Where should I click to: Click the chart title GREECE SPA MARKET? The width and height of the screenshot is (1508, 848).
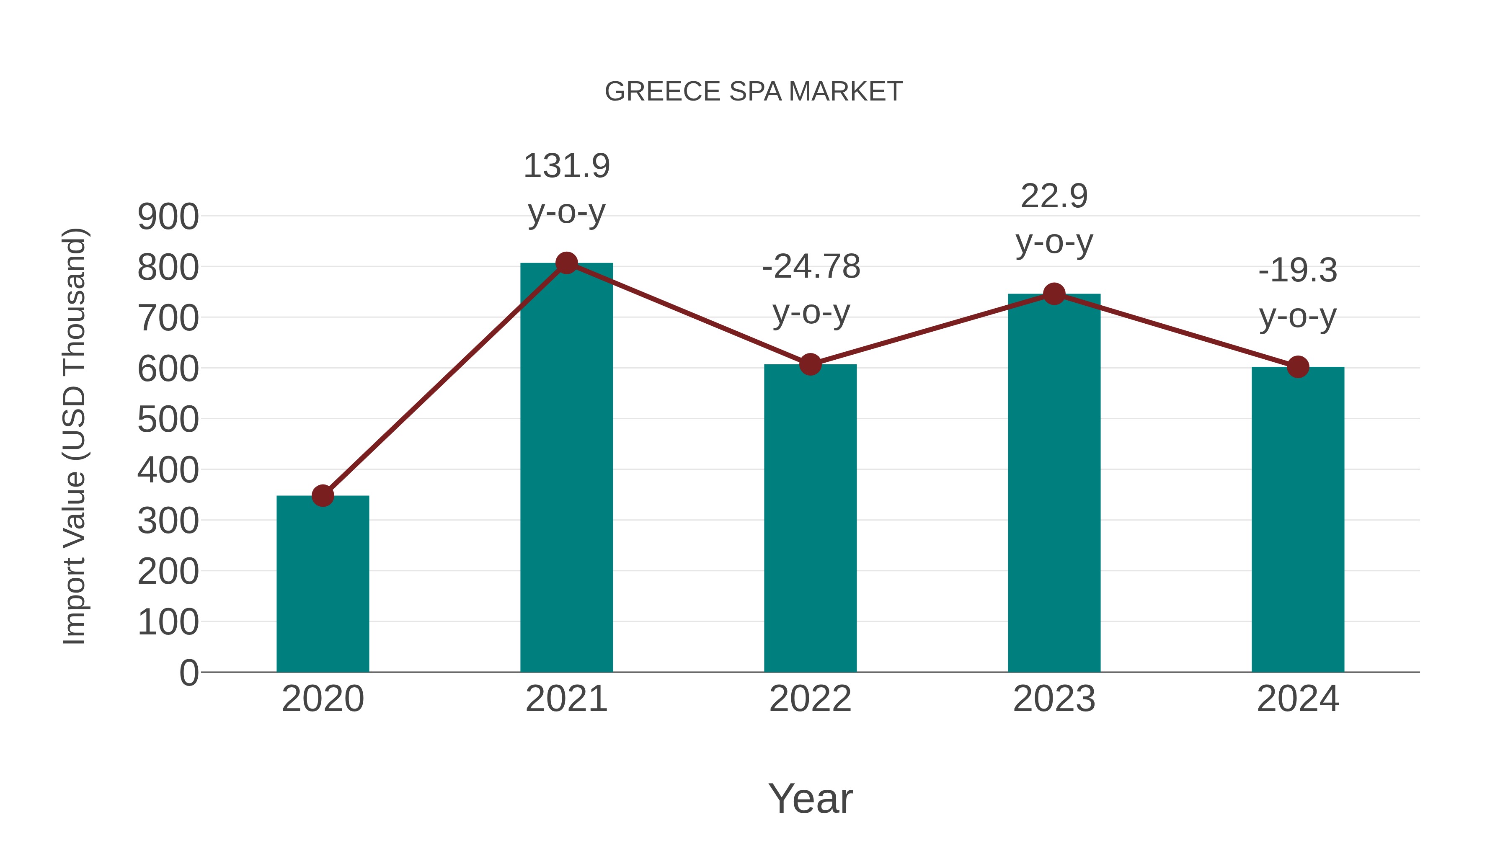click(x=754, y=92)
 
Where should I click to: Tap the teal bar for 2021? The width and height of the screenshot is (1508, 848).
click(x=566, y=468)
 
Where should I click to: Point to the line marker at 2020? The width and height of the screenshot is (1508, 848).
click(x=323, y=496)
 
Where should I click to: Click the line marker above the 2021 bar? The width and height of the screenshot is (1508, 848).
click(x=566, y=263)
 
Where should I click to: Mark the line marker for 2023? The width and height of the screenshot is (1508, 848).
click(x=1054, y=294)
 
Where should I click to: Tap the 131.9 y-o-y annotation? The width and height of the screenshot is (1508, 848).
click(x=566, y=188)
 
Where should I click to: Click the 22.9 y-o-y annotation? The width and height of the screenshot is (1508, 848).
click(x=1054, y=219)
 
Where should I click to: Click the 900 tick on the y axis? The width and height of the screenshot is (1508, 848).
click(x=168, y=217)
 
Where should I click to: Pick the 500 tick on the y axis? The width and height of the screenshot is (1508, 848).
click(x=168, y=420)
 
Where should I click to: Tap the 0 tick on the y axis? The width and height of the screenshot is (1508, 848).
click(x=188, y=673)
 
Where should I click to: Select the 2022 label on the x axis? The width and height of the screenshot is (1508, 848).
click(x=810, y=699)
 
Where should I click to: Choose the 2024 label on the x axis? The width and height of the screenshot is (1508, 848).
click(x=1298, y=699)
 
